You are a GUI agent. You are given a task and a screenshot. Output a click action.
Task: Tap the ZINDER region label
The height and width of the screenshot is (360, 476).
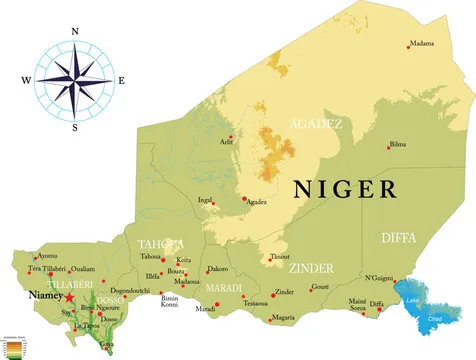[x=311, y=270]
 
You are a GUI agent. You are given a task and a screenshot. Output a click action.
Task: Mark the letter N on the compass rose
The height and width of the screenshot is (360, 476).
[x=75, y=31]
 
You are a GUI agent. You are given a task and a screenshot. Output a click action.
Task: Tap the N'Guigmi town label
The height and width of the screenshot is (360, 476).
[x=378, y=277]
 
